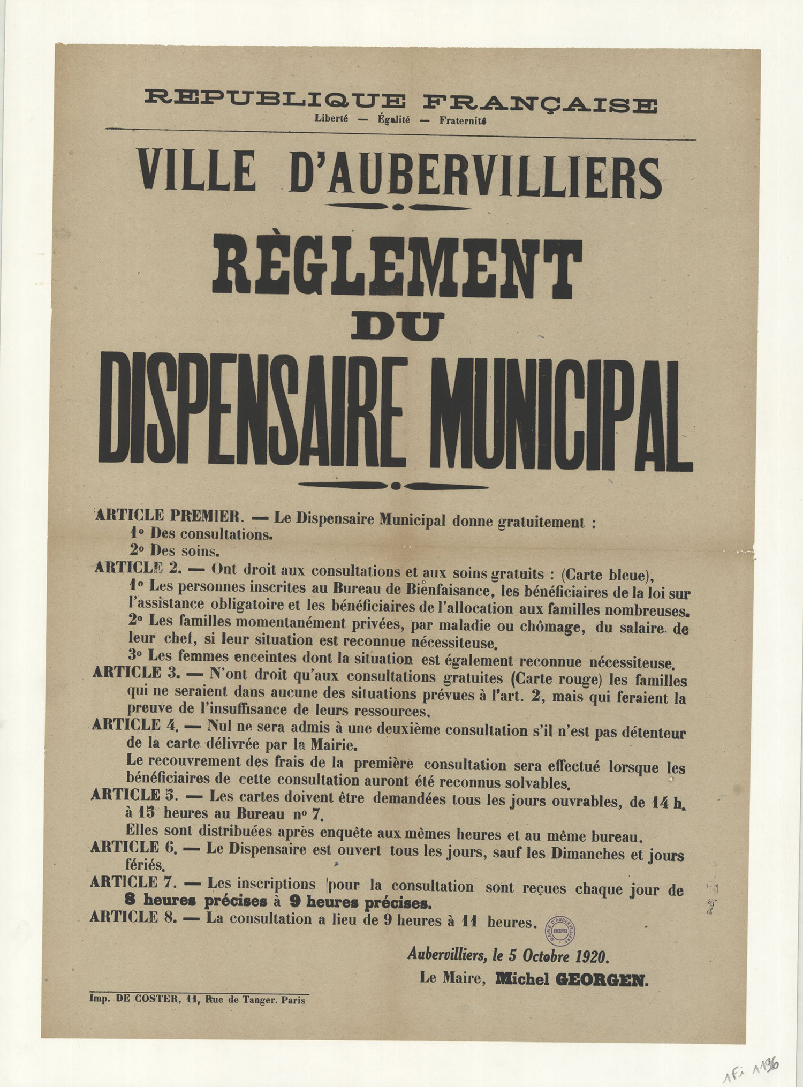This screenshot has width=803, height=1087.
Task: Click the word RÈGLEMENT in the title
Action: [397, 267]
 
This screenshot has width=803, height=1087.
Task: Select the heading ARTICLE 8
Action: [134, 917]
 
